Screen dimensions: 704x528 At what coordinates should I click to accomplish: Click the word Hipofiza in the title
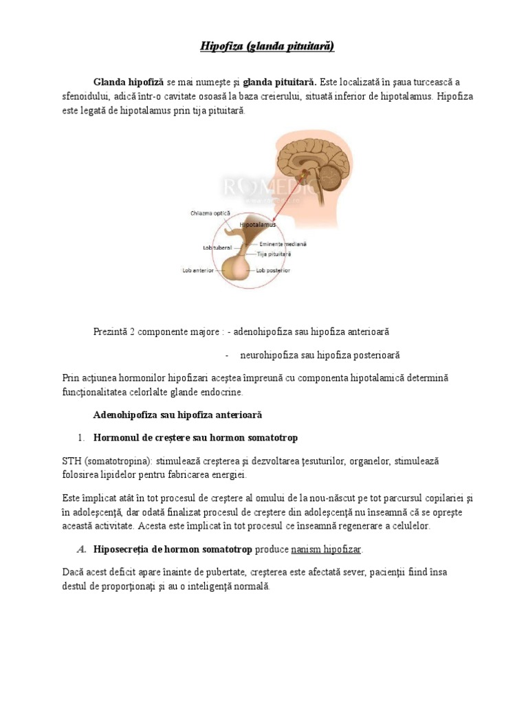219,47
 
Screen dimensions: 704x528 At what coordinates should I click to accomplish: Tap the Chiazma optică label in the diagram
211,213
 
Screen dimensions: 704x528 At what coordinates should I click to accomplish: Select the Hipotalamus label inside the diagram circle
258,225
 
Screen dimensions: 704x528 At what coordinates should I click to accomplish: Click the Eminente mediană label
284,244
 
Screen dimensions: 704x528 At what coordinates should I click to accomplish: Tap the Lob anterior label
197,271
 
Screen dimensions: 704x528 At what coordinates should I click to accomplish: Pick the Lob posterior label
273,271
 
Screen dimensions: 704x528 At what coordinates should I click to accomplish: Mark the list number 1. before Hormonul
80,438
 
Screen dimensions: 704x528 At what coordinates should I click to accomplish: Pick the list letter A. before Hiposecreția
81,550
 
